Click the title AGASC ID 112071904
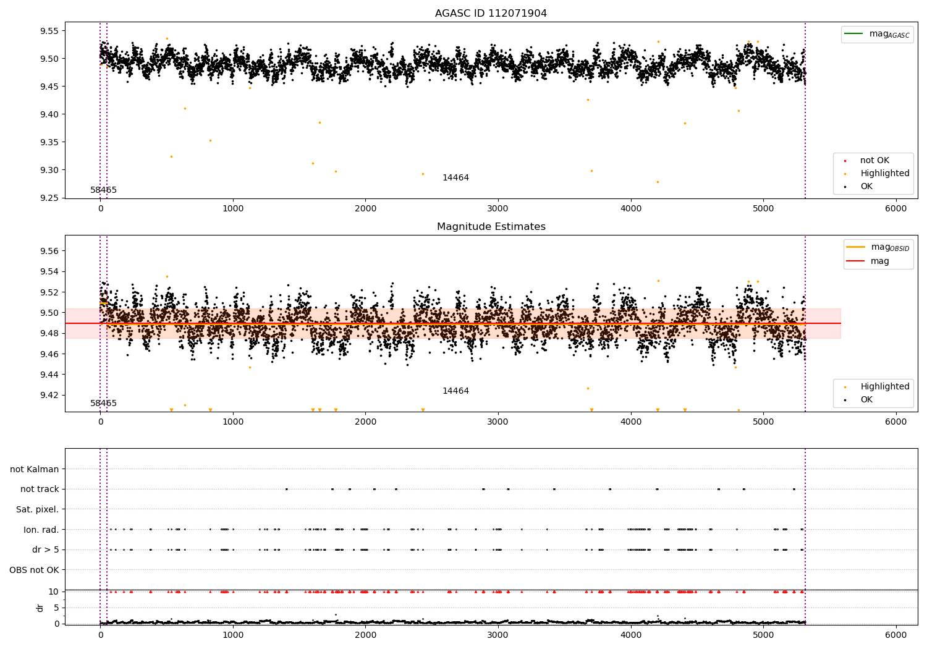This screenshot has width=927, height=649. tap(491, 14)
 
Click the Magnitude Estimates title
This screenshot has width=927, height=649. tap(491, 227)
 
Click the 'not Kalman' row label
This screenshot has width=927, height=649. tap(35, 469)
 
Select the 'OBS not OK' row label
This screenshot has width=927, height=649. tap(34, 570)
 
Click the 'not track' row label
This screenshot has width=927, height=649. tap(40, 490)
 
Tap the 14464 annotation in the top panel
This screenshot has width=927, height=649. tap(455, 178)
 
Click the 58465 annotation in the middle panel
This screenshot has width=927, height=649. tap(103, 404)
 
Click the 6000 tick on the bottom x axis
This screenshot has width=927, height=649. tap(895, 635)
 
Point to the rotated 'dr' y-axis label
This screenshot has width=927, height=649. tap(40, 608)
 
